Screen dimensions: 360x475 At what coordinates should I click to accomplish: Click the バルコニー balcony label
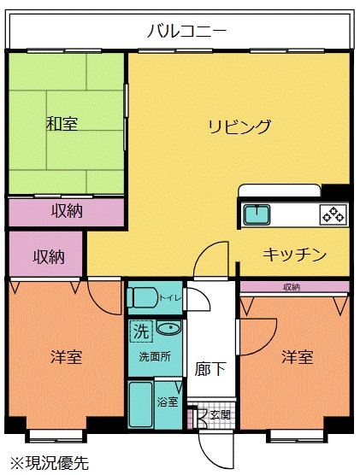click(x=186, y=32)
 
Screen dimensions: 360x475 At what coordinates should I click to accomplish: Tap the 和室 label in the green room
click(x=62, y=124)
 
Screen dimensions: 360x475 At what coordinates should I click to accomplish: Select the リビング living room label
click(x=239, y=126)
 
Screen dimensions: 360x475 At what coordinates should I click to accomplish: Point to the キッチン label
click(x=294, y=255)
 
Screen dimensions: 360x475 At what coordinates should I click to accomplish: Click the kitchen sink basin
click(x=257, y=215)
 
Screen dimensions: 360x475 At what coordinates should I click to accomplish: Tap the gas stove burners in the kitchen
click(x=333, y=214)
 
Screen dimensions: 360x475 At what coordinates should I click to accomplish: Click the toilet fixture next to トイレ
click(x=142, y=297)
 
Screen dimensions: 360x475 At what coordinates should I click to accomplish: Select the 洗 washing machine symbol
click(x=141, y=331)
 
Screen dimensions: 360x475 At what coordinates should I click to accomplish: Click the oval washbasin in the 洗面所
click(x=169, y=327)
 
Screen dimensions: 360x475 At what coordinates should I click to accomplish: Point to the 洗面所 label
click(x=155, y=356)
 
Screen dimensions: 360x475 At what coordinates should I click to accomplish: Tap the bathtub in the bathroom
click(x=141, y=404)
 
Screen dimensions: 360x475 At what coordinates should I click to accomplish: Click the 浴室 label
click(x=168, y=402)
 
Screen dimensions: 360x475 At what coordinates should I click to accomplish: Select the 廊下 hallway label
click(x=210, y=369)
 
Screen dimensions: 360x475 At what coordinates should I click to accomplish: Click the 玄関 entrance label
click(x=221, y=414)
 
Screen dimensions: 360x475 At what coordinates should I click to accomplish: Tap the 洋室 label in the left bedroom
click(x=67, y=357)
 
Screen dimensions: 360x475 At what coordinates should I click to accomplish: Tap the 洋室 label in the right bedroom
click(x=298, y=357)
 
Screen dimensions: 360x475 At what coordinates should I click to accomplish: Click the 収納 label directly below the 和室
click(x=67, y=211)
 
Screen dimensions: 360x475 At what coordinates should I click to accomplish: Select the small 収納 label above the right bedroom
click(x=292, y=287)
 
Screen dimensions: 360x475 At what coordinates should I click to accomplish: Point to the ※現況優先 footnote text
click(x=50, y=462)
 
